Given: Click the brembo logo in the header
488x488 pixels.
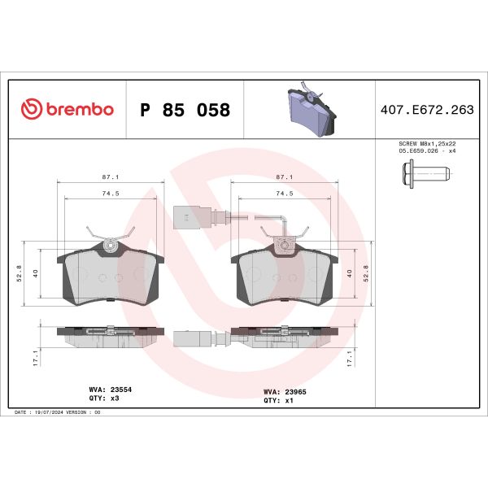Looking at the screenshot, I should pyautogui.click(x=67, y=110).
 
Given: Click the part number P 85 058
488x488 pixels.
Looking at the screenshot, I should pyautogui.click(x=185, y=110).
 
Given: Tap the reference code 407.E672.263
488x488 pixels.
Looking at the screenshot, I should pyautogui.click(x=427, y=110).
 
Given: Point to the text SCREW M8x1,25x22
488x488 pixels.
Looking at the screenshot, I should pyautogui.click(x=427, y=143).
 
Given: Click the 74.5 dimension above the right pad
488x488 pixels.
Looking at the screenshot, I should pyautogui.click(x=285, y=194).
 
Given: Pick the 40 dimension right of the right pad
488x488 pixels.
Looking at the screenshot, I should pyautogui.click(x=349, y=274).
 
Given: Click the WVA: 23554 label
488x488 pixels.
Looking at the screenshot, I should pyautogui.click(x=109, y=390).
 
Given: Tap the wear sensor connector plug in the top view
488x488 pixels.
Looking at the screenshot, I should pyautogui.click(x=185, y=217).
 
